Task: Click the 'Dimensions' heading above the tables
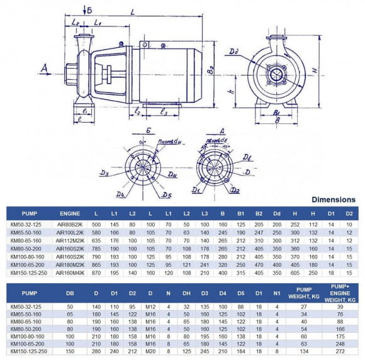(x=334, y=200)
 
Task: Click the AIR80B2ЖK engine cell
(x=69, y=224)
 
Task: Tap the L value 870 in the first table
(x=96, y=273)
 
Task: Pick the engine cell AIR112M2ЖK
(x=69, y=240)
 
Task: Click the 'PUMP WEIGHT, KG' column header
(x=303, y=293)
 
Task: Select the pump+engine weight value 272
(x=340, y=351)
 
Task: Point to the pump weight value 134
(x=303, y=351)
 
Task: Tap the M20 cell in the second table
(x=150, y=351)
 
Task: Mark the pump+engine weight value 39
(x=340, y=307)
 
